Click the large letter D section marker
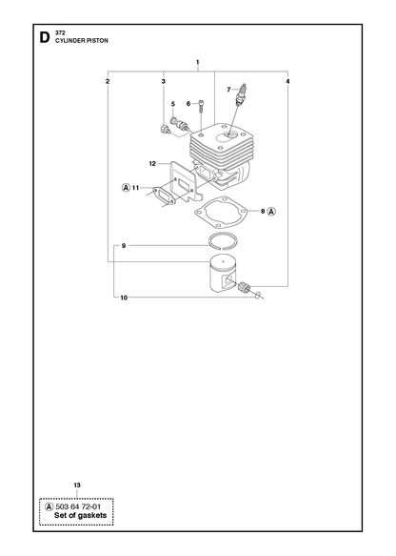coord(44,37)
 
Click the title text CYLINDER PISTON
coord(82,41)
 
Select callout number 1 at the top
coord(197,62)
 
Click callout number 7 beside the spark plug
coord(228,90)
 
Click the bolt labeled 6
coord(201,107)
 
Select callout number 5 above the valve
coord(173,104)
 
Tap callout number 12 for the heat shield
coord(152,163)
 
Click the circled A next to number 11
coord(126,188)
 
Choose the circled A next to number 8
coord(271,212)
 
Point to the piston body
coord(223,275)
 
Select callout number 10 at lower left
coord(124,298)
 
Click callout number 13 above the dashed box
coord(77,485)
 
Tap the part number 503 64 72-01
coord(78,506)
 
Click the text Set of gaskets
coord(80,516)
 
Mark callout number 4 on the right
coord(287,81)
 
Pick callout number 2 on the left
coord(108,81)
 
